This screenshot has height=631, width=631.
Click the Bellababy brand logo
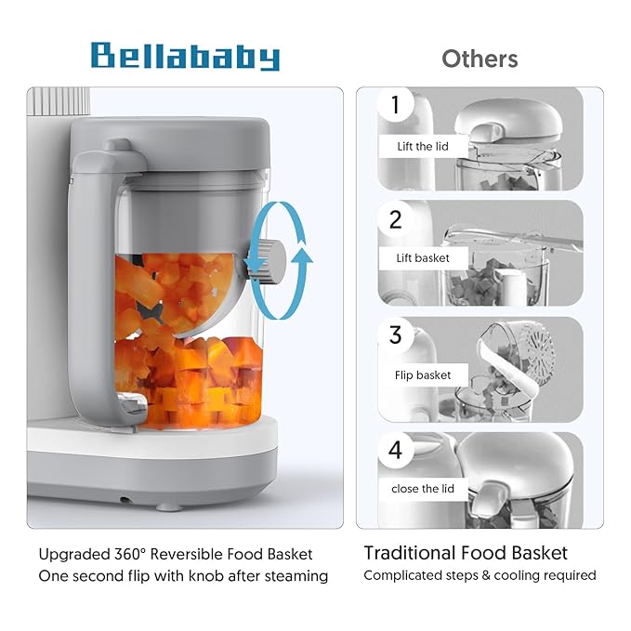pyautogui.click(x=185, y=57)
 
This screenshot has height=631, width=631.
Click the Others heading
pyautogui.click(x=480, y=59)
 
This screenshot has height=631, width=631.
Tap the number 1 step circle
pyautogui.click(x=395, y=105)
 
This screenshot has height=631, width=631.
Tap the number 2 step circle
pyautogui.click(x=395, y=219)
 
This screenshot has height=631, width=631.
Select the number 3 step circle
pyautogui.click(x=395, y=335)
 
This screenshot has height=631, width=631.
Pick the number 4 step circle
pyautogui.click(x=395, y=451)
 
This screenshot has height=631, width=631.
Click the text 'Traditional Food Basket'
pyautogui.click(x=465, y=553)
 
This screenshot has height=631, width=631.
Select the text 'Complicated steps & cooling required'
pyautogui.click(x=480, y=575)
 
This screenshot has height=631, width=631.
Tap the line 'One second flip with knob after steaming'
pyautogui.click(x=183, y=576)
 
